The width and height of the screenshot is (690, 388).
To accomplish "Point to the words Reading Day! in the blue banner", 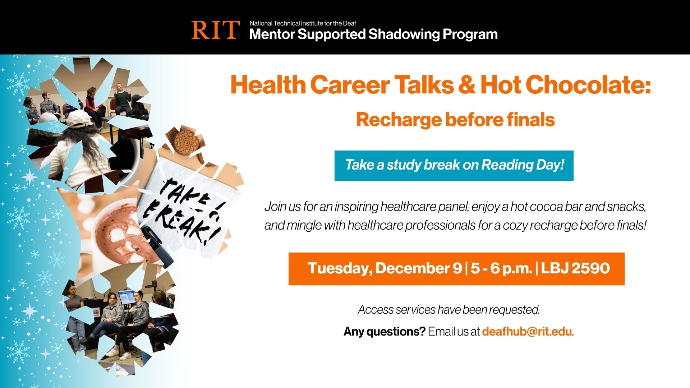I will [522, 165].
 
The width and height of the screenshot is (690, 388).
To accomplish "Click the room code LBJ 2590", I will [575, 268].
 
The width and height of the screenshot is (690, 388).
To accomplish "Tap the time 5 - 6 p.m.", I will [501, 268].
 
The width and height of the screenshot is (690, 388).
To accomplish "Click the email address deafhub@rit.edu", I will [526, 331].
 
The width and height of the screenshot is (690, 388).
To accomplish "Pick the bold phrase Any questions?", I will [384, 331].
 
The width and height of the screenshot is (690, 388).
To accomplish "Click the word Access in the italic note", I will [375, 309].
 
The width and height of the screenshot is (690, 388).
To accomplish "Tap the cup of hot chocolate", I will [120, 234].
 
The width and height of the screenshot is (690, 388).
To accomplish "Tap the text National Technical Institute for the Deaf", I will [303, 23].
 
